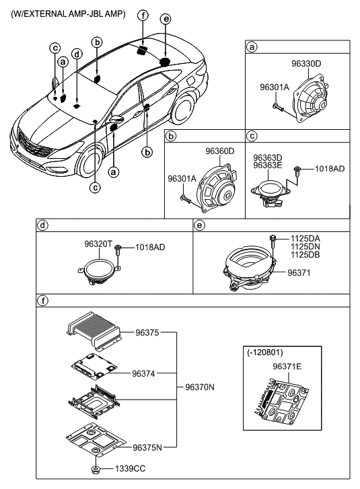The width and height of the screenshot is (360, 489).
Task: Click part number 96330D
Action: (306, 64)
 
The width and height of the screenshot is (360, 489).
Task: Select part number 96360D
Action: (219, 151)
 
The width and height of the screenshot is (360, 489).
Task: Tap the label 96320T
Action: (98, 244)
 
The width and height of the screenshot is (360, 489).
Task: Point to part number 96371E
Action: (287, 367)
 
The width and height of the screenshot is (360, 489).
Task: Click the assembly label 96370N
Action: (200, 387)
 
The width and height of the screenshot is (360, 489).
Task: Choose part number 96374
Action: (143, 373)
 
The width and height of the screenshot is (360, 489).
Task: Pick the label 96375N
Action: (147, 448)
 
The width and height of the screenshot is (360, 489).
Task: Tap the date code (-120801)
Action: (265, 352)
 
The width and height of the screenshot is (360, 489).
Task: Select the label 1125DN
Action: (305, 247)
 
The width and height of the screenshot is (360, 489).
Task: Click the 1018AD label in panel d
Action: (150, 248)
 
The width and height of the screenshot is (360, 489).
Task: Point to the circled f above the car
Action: (143, 15)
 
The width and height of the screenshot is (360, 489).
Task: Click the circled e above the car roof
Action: (166, 19)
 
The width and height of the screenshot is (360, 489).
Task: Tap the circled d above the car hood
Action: (77, 54)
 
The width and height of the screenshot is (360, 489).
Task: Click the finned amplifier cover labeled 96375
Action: (94, 330)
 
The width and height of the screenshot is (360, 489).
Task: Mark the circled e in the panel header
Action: (199, 225)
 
